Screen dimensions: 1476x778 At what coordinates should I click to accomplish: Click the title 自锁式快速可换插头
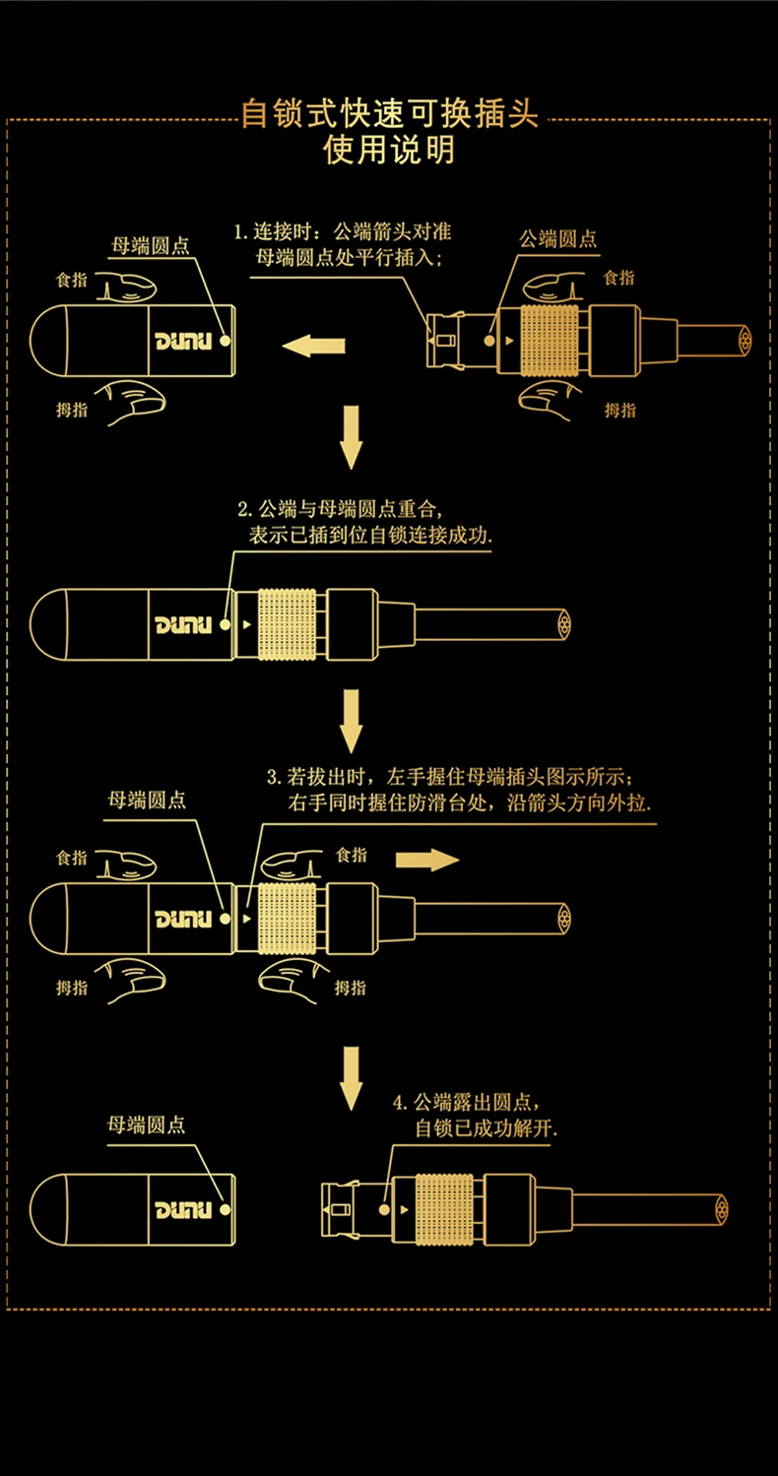(390, 114)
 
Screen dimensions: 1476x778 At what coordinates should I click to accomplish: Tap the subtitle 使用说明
(390, 152)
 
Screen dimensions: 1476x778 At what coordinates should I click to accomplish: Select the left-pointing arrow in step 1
(313, 345)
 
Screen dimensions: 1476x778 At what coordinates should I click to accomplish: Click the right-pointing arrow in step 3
(426, 860)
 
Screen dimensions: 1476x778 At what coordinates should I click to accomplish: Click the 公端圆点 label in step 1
(558, 238)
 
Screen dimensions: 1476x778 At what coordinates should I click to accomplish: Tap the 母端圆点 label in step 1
(149, 245)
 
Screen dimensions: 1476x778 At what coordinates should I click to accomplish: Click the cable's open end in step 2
(563, 623)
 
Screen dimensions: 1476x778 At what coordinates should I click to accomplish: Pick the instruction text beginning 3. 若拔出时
(458, 789)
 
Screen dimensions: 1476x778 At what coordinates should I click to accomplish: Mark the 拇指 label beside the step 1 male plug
(620, 410)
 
